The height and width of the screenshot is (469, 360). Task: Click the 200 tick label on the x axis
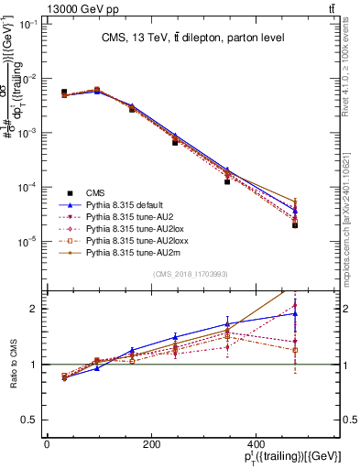(150, 445)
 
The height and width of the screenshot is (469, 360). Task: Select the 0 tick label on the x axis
(47, 445)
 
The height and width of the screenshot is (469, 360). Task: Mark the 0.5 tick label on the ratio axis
(30, 420)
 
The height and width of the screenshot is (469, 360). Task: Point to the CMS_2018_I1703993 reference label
(190, 273)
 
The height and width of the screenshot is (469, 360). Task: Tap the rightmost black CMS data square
(295, 224)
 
